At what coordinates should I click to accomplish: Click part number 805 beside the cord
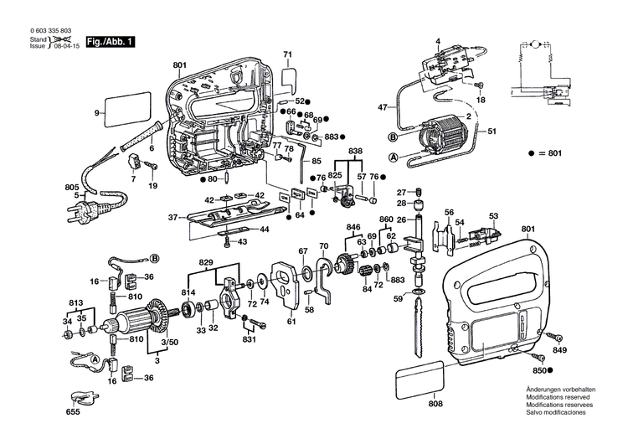[25, 186]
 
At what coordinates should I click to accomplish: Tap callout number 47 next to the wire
[383, 108]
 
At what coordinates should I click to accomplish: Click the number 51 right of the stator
[493, 132]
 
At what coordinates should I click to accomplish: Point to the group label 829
[205, 263]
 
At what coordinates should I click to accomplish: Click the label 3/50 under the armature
[169, 343]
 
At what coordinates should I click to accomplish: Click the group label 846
[353, 227]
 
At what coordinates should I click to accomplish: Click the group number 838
[357, 150]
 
